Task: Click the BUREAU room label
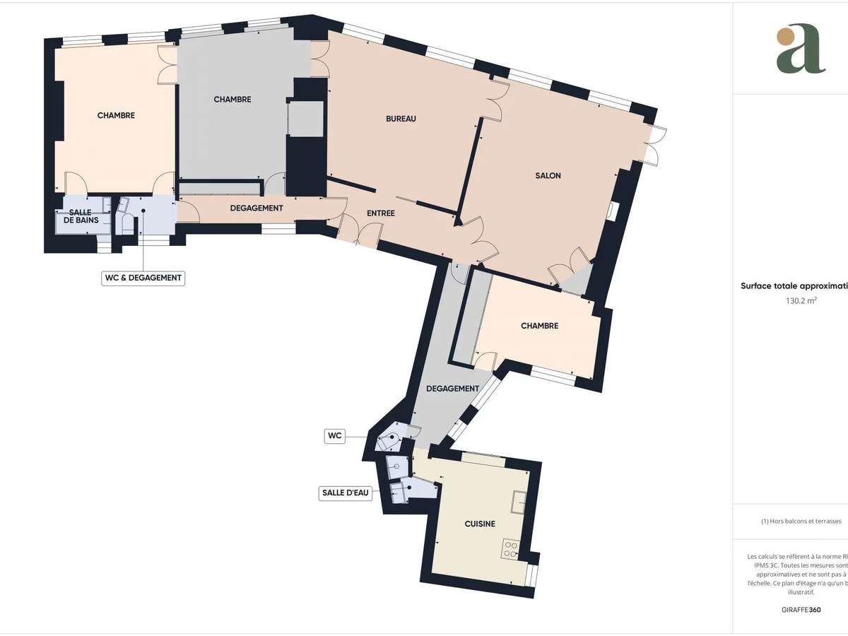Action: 401,119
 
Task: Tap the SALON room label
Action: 548,175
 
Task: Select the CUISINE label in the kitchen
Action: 479,524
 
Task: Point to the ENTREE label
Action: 380,213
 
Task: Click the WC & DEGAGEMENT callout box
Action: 143,278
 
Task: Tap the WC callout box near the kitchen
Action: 334,435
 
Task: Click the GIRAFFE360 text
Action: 801,608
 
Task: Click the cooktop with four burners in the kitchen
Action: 511,548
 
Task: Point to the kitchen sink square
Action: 519,500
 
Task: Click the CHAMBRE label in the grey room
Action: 232,100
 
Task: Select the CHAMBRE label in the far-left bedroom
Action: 116,115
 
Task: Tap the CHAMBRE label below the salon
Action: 539,326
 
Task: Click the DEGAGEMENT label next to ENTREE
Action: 257,208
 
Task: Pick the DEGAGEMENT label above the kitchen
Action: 452,389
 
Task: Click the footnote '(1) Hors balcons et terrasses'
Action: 801,522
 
